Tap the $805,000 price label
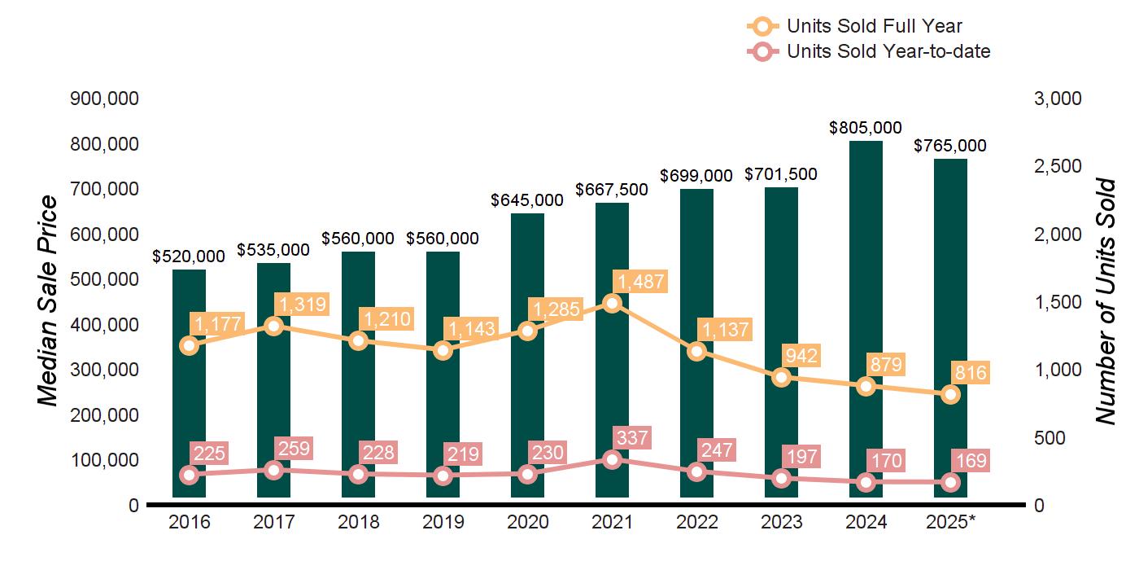click(x=866, y=128)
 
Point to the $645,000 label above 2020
click(x=527, y=199)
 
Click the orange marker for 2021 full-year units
click(x=612, y=304)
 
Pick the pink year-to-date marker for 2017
click(x=273, y=470)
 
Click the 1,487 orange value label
click(x=641, y=282)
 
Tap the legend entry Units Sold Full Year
click(x=875, y=27)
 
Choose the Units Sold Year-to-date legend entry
click(x=888, y=52)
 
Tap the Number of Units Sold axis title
click(x=1104, y=301)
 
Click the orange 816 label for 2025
click(x=971, y=374)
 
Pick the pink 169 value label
click(x=970, y=461)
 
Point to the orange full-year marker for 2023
click(x=781, y=378)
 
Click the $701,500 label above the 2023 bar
click(x=781, y=174)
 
